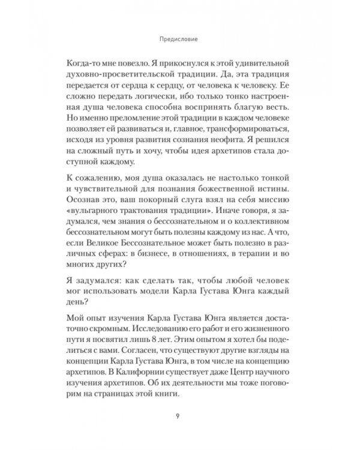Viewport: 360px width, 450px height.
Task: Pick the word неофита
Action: pos(214,145)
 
